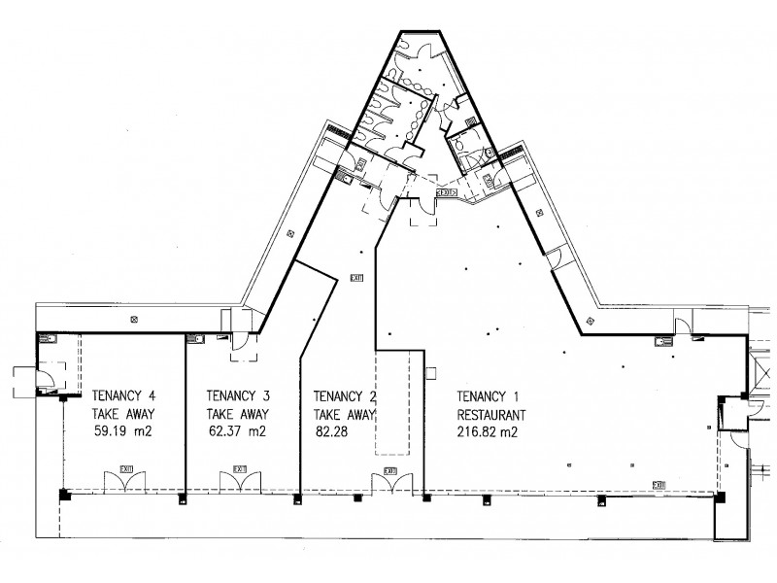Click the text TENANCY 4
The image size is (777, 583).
coord(125,395)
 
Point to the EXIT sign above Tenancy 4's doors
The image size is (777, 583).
coord(126,469)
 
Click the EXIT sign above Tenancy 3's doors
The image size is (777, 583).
coord(241,469)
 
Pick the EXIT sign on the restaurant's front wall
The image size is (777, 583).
coord(659,484)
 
